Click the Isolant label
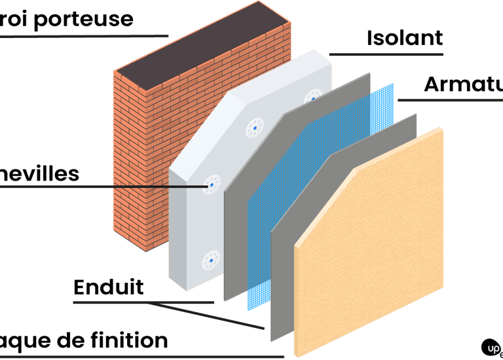click(x=405, y=38)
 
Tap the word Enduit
click(x=108, y=287)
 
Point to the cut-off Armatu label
click(x=462, y=84)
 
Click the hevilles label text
click(x=39, y=174)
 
